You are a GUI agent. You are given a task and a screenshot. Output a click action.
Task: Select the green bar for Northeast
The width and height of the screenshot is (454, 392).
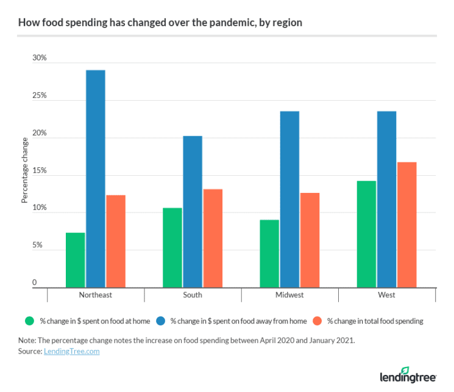click(75, 260)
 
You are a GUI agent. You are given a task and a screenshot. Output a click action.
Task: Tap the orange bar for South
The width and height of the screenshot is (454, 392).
click(213, 238)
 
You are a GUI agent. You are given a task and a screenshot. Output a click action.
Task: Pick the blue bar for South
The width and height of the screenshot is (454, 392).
click(193, 211)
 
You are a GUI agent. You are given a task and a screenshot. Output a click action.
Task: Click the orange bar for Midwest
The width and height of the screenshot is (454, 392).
click(310, 240)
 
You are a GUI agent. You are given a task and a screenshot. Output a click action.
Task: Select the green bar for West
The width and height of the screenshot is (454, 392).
click(366, 234)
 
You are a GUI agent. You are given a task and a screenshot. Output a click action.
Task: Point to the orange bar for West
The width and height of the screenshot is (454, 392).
click(406, 225)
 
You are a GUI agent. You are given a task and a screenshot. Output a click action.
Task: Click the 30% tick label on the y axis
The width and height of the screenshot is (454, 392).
click(39, 58)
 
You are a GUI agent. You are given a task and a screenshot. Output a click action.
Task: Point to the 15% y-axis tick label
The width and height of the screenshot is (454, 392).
click(39, 170)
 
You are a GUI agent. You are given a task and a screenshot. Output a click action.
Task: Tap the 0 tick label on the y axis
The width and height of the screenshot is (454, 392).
click(35, 283)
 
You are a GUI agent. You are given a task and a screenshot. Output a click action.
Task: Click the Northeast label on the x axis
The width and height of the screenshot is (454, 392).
click(95, 295)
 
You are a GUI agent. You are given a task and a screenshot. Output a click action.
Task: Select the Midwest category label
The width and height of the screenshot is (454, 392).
click(289, 295)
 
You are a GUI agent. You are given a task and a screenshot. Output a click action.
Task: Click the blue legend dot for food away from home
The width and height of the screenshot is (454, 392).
click(160, 321)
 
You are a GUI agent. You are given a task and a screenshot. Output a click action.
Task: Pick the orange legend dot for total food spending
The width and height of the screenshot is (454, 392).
click(317, 321)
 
